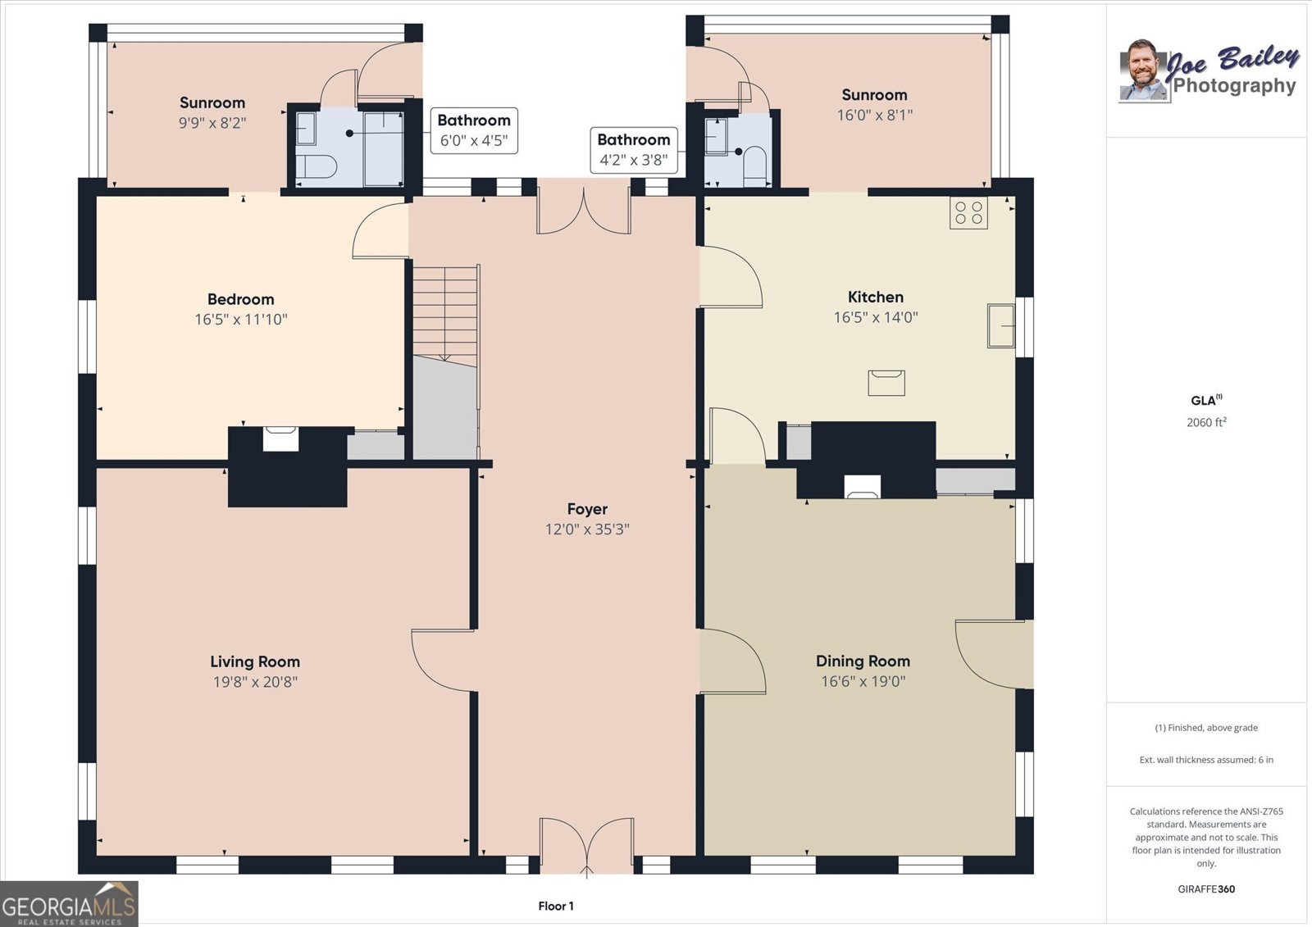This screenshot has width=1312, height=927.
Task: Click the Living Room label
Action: pyautogui.click(x=255, y=661)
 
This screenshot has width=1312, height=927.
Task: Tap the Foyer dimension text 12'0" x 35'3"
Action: pyautogui.click(x=587, y=529)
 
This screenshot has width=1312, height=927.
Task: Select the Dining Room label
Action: pyautogui.click(x=863, y=661)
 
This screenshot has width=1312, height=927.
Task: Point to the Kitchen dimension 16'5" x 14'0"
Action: pyautogui.click(x=876, y=317)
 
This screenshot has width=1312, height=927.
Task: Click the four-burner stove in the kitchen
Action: pyautogui.click(x=968, y=212)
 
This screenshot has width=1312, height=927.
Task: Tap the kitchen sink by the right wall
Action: pyautogui.click(x=1001, y=325)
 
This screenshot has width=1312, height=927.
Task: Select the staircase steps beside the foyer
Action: pyautogui.click(x=445, y=316)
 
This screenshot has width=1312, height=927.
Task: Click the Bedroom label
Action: pyautogui.click(x=241, y=299)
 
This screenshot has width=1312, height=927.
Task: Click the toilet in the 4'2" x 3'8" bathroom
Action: pyautogui.click(x=754, y=166)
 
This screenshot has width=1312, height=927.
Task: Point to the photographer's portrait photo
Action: pyautogui.click(x=1143, y=70)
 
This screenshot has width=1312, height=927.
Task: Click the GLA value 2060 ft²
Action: pyautogui.click(x=1206, y=422)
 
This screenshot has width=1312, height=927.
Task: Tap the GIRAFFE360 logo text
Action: pyautogui.click(x=1206, y=889)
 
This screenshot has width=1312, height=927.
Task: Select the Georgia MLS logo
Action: pyautogui.click(x=69, y=903)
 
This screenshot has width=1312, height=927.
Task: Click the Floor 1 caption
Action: pyautogui.click(x=556, y=906)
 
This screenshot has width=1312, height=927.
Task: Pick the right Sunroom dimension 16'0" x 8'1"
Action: pyautogui.click(x=874, y=115)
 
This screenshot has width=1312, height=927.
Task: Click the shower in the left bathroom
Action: pyautogui.click(x=384, y=148)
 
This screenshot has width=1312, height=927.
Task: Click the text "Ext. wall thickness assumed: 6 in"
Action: pyautogui.click(x=1206, y=760)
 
